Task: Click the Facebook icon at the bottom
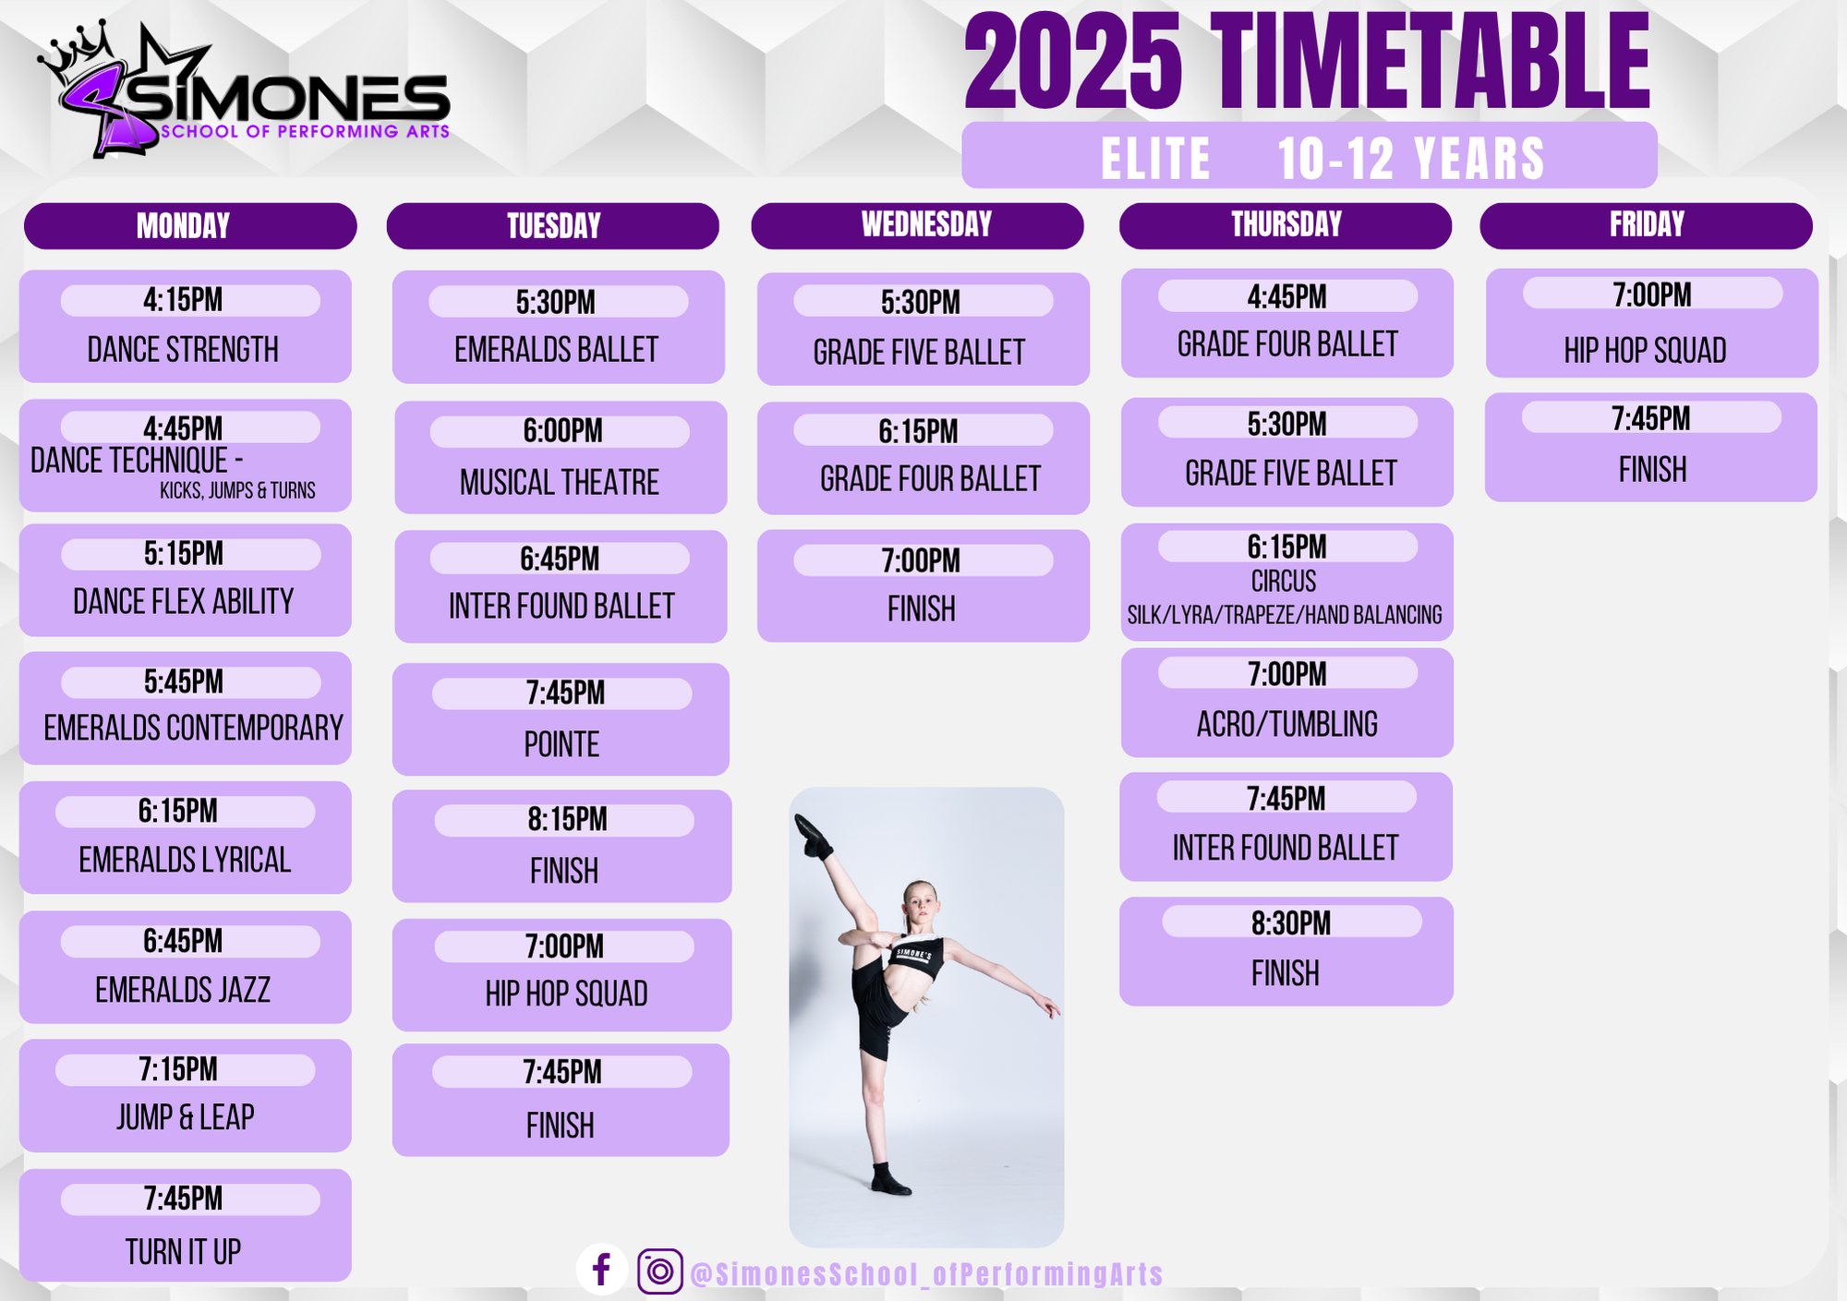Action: coord(602,1270)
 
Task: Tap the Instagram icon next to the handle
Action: coord(659,1271)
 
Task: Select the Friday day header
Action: coord(1646,225)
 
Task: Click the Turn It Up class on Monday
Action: coord(183,1252)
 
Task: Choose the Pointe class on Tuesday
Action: coord(561,744)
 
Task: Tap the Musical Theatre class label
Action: coord(560,482)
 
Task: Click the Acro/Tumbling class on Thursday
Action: coord(1287,724)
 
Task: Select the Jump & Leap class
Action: coord(185,1117)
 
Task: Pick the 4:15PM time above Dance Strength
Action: coord(183,299)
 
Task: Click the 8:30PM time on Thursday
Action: coord(1291,922)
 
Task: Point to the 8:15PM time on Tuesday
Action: coord(567,819)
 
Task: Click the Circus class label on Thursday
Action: coord(1284,581)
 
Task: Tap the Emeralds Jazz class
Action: coord(183,990)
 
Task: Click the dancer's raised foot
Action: coord(811,835)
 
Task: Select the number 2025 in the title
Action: coord(1073,63)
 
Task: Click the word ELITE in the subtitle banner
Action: coord(1155,159)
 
